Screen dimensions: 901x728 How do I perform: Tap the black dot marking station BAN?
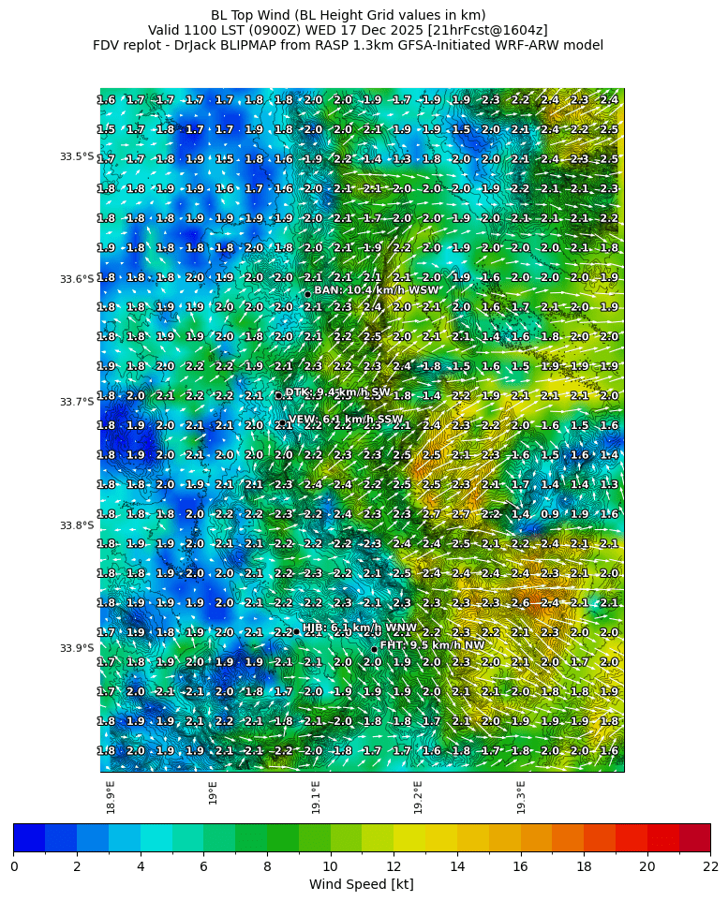pyautogui.click(x=307, y=294)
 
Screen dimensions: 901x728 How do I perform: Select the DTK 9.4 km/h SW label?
pyautogui.click(x=337, y=392)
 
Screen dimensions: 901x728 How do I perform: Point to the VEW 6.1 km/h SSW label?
pyautogui.click(x=346, y=420)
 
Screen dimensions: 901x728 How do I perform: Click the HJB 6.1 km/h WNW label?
pyautogui.click(x=359, y=628)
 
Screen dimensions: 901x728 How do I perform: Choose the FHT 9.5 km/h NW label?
pyautogui.click(x=432, y=645)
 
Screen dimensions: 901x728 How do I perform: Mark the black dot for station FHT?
pyautogui.click(x=374, y=649)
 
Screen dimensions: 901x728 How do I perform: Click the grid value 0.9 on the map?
pyautogui.click(x=550, y=514)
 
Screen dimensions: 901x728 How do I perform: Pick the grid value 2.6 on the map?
pyautogui.click(x=520, y=603)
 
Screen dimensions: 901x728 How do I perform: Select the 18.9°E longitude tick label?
pyautogui.click(x=111, y=797)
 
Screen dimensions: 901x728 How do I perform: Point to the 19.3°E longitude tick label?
pyautogui.click(x=521, y=797)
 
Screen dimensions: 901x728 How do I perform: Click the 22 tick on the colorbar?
pyautogui.click(x=710, y=866)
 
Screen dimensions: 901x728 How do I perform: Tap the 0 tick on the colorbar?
pyautogui.click(x=14, y=866)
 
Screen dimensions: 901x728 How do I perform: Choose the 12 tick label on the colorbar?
pyautogui.click(x=394, y=866)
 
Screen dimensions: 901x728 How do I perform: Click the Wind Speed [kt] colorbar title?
pyautogui.click(x=362, y=884)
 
